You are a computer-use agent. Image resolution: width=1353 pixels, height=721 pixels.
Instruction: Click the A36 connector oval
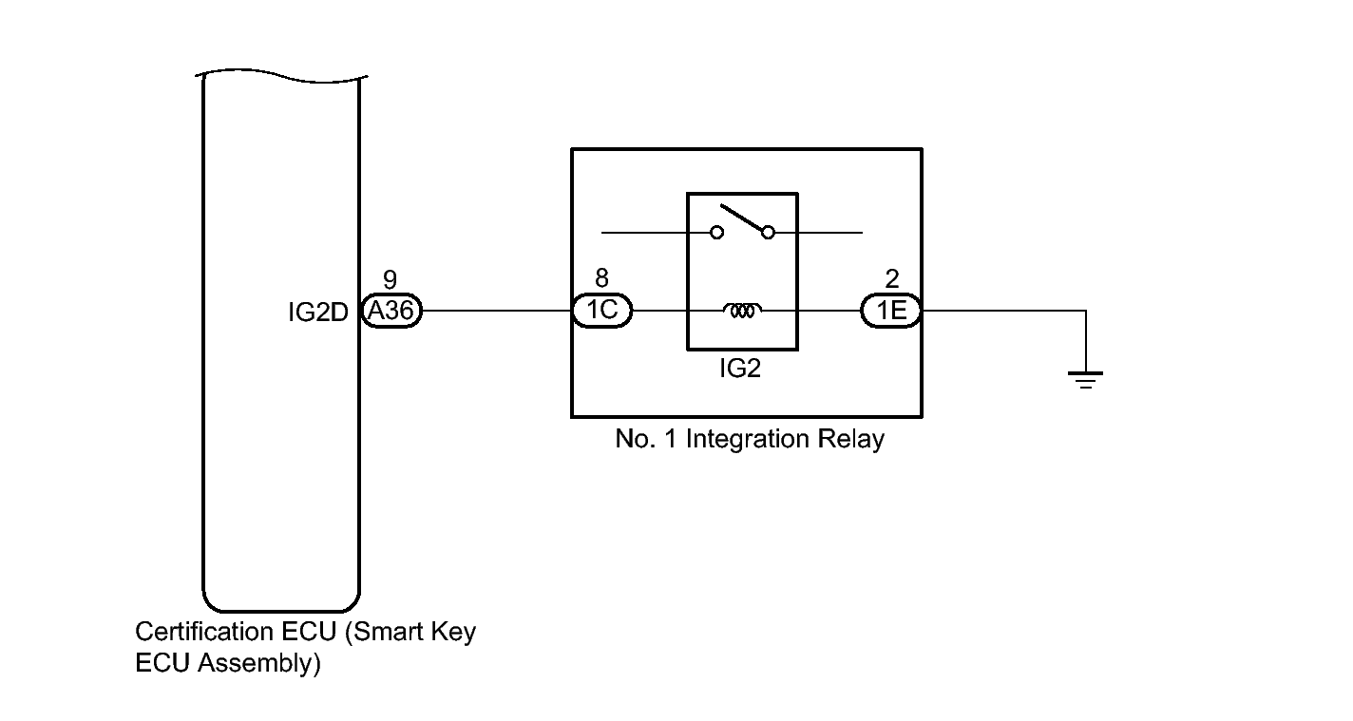click(391, 311)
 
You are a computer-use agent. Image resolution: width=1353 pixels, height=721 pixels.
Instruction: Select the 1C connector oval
click(601, 311)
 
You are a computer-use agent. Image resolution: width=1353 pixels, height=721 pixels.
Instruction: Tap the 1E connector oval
click(891, 311)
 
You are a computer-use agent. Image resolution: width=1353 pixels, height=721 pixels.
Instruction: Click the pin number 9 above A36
click(391, 279)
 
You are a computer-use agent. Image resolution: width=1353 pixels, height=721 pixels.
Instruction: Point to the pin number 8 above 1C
click(601, 277)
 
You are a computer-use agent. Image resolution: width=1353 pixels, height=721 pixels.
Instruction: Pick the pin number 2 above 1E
click(892, 278)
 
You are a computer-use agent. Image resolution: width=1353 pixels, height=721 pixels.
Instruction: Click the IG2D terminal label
click(318, 313)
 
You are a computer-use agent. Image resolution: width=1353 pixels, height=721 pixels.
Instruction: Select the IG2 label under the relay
click(740, 368)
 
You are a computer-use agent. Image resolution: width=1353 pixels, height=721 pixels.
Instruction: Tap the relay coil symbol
click(742, 311)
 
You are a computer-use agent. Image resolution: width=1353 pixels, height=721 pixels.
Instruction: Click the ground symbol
click(1085, 380)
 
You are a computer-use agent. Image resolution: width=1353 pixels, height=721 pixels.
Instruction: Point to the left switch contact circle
click(717, 233)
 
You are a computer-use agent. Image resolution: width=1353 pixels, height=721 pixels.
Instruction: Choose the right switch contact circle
click(769, 233)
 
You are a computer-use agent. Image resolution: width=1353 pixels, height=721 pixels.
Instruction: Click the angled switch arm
click(742, 218)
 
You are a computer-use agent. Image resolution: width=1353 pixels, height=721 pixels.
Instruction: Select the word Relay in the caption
click(851, 439)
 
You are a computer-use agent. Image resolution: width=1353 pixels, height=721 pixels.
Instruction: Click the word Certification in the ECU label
click(205, 632)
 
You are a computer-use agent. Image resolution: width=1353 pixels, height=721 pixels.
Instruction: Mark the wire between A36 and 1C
click(497, 311)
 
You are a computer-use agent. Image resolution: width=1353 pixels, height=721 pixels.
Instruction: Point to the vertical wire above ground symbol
click(1085, 341)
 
